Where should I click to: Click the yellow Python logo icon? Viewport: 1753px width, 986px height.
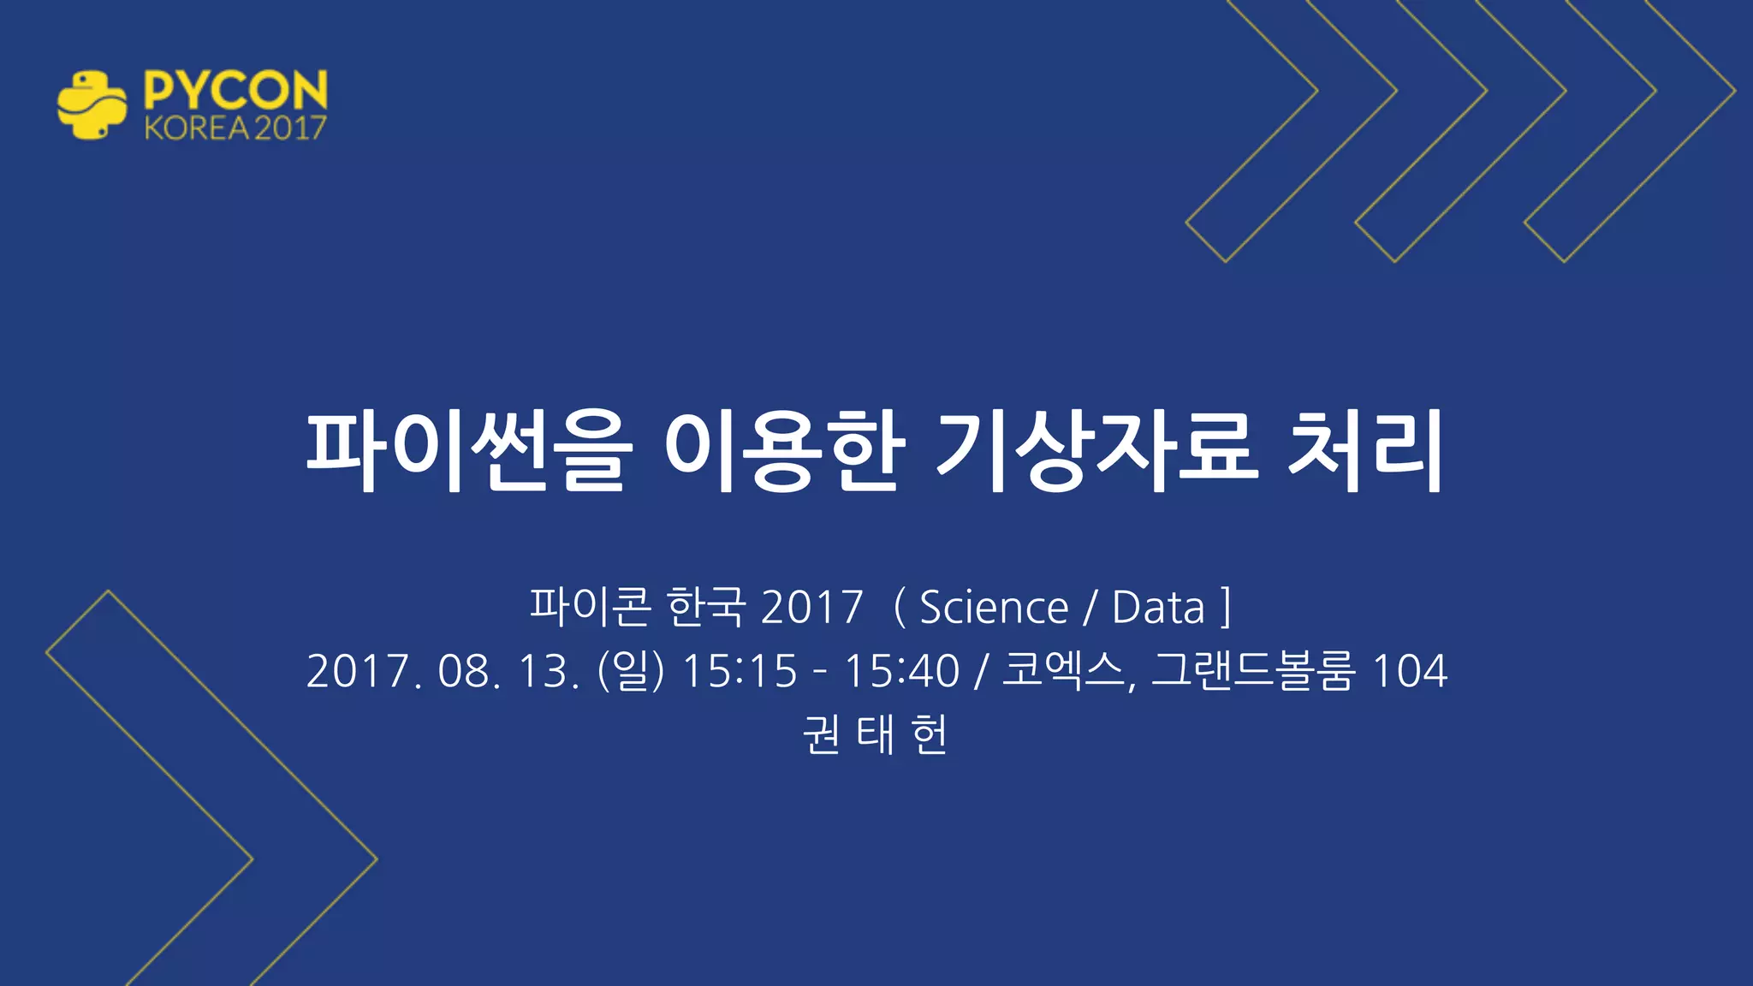tap(92, 105)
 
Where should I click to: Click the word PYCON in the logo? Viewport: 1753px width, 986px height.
tap(235, 89)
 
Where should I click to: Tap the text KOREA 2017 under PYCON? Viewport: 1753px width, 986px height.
tap(235, 128)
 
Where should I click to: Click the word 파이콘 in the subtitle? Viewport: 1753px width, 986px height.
tap(590, 607)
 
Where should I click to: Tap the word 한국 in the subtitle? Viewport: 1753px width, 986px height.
tap(706, 607)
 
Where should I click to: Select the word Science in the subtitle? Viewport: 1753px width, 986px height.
tap(994, 608)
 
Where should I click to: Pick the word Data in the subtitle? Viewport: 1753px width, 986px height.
tap(1158, 608)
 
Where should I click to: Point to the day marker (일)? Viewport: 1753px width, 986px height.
tap(631, 670)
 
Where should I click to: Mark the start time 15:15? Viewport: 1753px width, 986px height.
tap(740, 670)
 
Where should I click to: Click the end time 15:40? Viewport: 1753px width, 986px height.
tap(902, 670)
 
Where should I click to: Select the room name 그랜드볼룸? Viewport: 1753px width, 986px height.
tap(1253, 670)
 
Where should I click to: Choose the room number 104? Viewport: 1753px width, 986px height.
tap(1409, 670)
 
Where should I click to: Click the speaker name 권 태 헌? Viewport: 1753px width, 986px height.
tap(875, 734)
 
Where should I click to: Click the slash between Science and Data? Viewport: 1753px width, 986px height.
tap(1090, 608)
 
